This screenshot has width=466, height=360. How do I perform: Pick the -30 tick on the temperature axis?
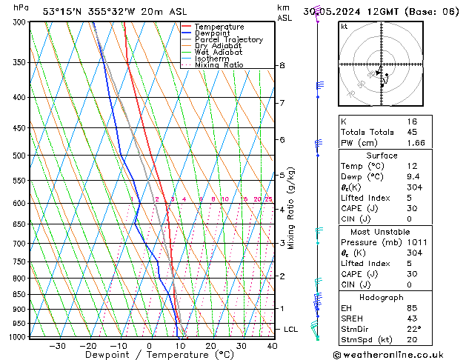[57, 346]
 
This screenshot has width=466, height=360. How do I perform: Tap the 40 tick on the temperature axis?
[272, 346]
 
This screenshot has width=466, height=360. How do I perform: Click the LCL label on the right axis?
[291, 329]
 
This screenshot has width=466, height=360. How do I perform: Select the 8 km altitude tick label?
[282, 66]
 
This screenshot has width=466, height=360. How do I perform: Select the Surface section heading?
[382, 156]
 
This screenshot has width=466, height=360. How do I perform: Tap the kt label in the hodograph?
[344, 26]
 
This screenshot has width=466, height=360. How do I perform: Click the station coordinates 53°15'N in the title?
[61, 11]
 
